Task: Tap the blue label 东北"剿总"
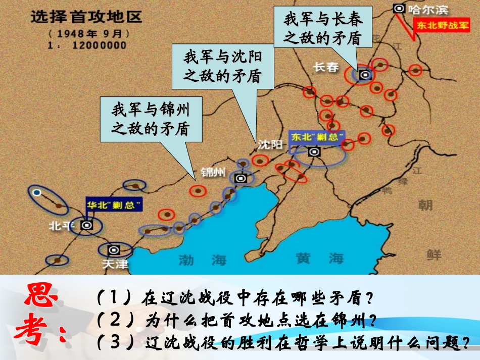click(317, 137)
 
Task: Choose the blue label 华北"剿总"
click(114, 205)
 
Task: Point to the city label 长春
click(326, 67)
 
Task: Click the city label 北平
click(60, 225)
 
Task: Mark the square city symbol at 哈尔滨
click(399, 8)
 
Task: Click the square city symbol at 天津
click(114, 249)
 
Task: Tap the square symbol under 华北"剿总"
click(87, 225)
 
